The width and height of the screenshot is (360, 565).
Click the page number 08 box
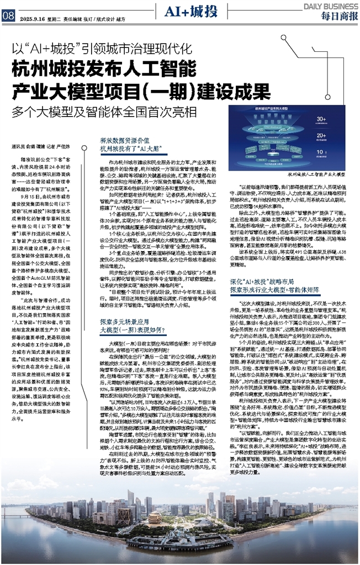click(x=8, y=17)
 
